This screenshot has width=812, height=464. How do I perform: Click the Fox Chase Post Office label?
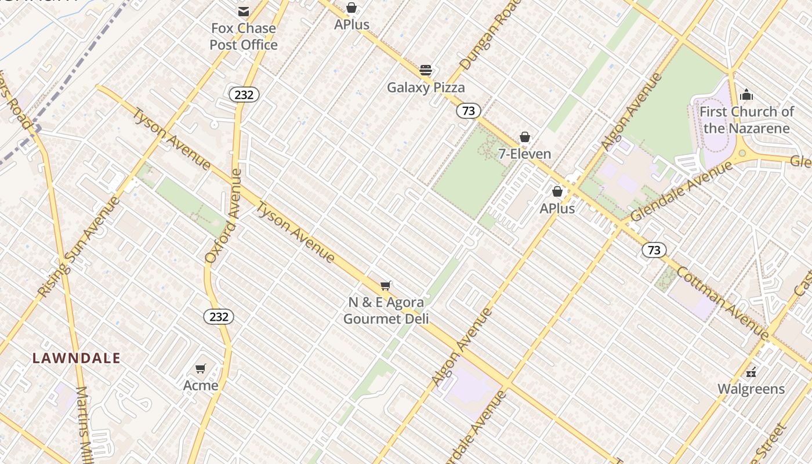tap(244, 37)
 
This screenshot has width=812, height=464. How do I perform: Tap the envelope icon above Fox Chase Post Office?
tap(244, 12)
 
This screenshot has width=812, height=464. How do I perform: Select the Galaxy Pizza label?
tap(426, 88)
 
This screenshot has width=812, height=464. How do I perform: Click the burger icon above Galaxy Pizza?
tap(426, 70)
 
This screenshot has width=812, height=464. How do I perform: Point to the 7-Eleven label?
tap(525, 154)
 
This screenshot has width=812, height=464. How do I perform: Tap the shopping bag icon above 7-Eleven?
tap(525, 137)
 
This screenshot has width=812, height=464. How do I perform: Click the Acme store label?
tap(201, 385)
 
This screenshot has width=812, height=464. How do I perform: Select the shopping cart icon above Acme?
tap(201, 368)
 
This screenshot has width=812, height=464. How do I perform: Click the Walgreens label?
tap(751, 389)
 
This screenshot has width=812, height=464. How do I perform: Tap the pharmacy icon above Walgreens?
tap(751, 372)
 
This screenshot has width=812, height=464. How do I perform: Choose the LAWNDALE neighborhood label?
tap(77, 358)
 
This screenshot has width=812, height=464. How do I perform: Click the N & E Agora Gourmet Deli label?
tap(386, 310)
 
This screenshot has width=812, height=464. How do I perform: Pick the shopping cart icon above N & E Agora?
tap(386, 285)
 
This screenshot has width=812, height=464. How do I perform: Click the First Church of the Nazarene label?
tap(746, 119)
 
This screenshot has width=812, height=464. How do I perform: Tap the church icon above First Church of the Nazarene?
tap(746, 95)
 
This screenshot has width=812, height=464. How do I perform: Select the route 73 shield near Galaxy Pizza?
tap(468, 111)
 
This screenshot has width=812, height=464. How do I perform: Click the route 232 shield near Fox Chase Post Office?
tap(244, 95)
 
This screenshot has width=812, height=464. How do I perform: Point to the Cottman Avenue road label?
tap(723, 303)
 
